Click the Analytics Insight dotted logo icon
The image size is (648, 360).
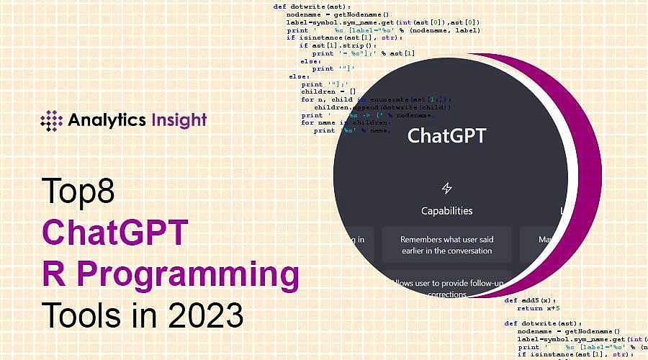point(52,120)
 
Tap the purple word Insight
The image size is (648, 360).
point(180,120)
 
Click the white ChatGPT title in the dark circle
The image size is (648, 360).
point(446,135)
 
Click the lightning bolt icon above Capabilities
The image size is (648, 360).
point(446,189)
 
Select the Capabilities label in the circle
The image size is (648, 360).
point(446,211)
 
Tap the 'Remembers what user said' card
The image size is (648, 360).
point(446,245)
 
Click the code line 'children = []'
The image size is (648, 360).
point(328,91)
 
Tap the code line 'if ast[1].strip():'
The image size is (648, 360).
point(336,45)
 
